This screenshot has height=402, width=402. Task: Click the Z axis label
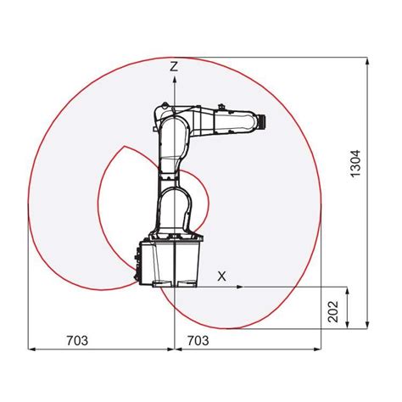point(174,64)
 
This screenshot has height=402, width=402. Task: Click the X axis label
point(222,276)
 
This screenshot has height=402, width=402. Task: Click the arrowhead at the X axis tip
point(241,287)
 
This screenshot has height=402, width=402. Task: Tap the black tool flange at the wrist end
point(264,122)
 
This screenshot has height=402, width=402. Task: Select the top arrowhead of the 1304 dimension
point(367,61)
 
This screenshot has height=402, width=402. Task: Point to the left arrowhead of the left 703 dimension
point(32,349)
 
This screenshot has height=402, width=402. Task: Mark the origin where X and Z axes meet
point(174,287)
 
